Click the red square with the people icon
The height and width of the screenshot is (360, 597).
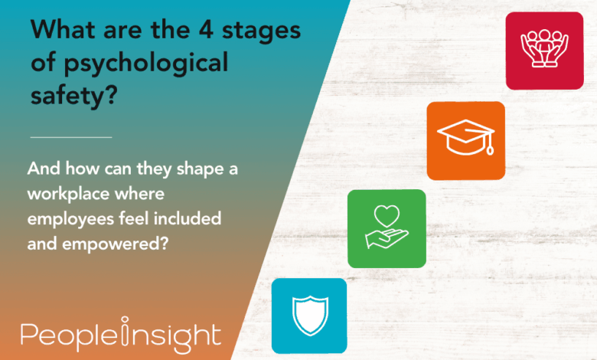pyautogui.click(x=544, y=51)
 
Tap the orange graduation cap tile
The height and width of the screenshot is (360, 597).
pyautogui.click(x=465, y=141)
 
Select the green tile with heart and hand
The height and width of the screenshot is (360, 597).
pyautogui.click(x=387, y=228)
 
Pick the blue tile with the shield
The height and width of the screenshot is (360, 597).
pyautogui.click(x=309, y=316)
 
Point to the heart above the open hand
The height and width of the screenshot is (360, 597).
pyautogui.click(x=387, y=216)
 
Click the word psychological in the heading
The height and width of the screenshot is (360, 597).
pyautogui.click(x=146, y=64)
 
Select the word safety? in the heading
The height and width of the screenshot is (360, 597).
pyautogui.click(x=74, y=96)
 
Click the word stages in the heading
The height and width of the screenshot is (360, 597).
pyautogui.click(x=261, y=31)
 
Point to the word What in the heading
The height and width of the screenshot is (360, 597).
pyautogui.click(x=63, y=29)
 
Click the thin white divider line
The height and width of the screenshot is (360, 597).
pyautogui.click(x=71, y=137)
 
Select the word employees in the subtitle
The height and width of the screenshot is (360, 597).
pyautogui.click(x=71, y=220)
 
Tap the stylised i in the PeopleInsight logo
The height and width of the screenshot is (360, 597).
pyautogui.click(x=125, y=330)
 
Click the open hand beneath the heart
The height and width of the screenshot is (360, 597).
pyautogui.click(x=387, y=238)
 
